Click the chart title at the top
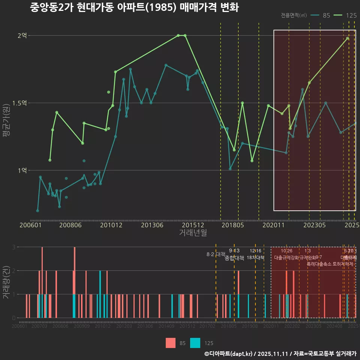click(134, 8)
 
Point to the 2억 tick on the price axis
click(22, 36)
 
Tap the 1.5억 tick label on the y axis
click(19, 103)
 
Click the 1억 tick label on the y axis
click(22, 170)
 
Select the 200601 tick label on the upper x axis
click(30, 225)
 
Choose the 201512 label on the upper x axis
click(193, 225)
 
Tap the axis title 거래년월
click(193, 233)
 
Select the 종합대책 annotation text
click(234, 258)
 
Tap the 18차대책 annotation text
click(255, 258)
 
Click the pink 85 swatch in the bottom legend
click(171, 343)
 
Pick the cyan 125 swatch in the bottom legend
click(195, 343)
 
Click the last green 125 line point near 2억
click(348, 38)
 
